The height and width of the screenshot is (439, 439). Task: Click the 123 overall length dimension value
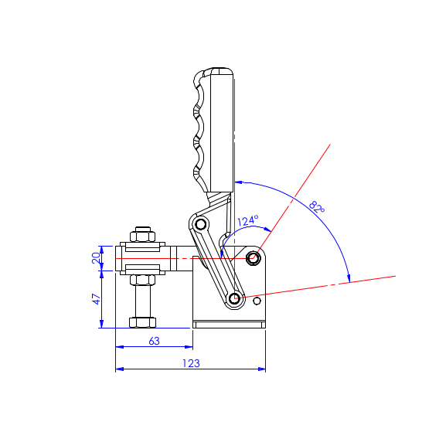coord(191,363)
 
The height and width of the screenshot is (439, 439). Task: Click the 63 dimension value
coord(155,341)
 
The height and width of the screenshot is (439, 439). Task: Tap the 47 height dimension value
coord(97,299)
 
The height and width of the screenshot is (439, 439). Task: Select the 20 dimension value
coord(96,258)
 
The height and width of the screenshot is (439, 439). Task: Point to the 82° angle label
coord(317,207)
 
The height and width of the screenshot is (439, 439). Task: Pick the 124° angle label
coord(248,220)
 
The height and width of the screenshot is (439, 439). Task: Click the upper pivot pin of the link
coord(200,224)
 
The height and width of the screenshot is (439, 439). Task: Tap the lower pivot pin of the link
coord(234,298)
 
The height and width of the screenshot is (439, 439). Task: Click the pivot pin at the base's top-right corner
coord(253,257)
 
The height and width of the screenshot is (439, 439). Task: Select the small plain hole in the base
coord(257,301)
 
